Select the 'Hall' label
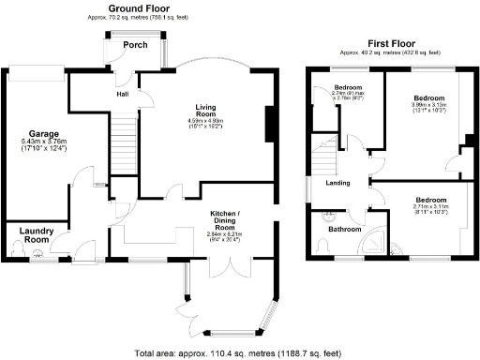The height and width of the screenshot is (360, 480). (123, 94)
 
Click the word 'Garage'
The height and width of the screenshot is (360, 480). (43, 132)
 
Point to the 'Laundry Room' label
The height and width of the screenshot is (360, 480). (37, 235)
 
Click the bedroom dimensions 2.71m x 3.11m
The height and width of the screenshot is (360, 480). (431, 208)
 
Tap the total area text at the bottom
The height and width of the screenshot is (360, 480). (239, 352)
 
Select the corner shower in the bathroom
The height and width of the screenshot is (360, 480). (378, 241)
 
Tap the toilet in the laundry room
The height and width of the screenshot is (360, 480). (16, 248)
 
